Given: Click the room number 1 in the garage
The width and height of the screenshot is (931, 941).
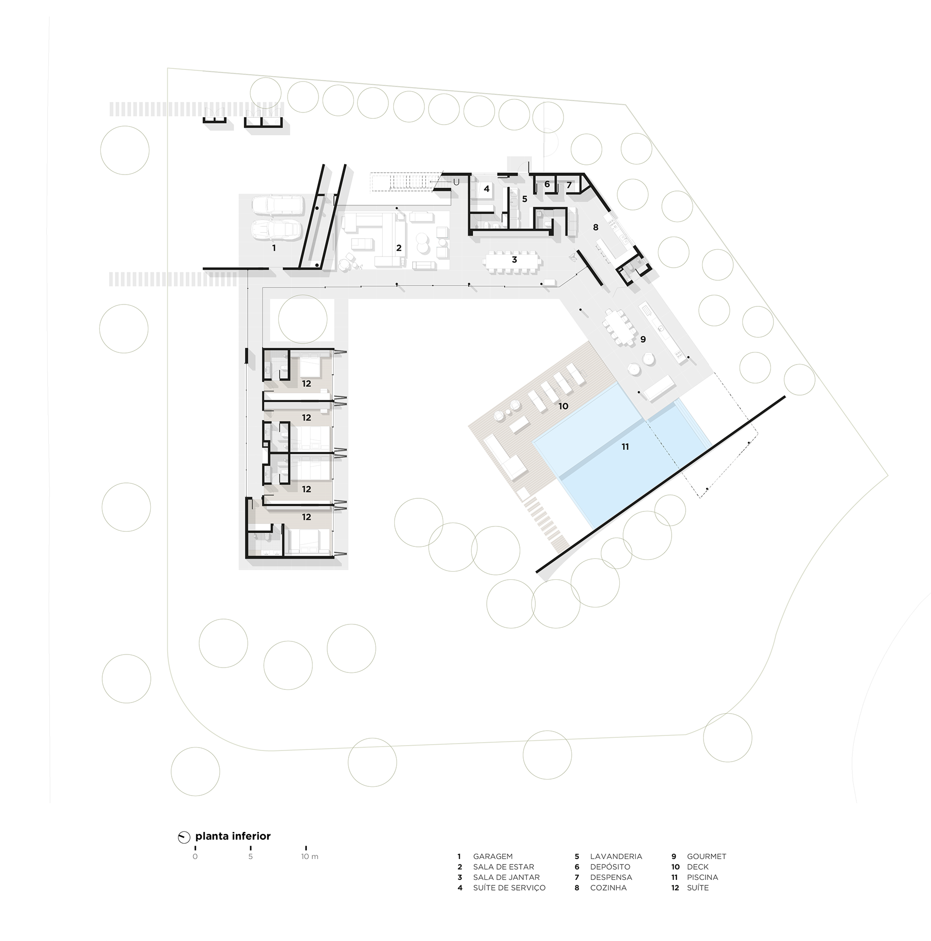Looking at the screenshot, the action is coord(274,248).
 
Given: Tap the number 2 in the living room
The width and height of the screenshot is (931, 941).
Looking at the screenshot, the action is coord(399,248).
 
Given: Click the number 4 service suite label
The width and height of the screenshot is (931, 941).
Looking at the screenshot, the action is coord(486,188).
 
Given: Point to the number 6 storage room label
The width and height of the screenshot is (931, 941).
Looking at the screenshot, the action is coord(547,184).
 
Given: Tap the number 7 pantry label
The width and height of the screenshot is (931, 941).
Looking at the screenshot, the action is coord(568,185).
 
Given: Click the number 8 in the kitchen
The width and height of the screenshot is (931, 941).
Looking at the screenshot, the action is coord(595,227).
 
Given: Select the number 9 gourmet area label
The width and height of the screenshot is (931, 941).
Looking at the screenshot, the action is coord(643,339).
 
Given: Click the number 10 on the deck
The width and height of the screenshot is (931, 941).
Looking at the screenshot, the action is coord(563,406).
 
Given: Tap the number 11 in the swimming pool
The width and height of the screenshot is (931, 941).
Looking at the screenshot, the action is coord(625,446).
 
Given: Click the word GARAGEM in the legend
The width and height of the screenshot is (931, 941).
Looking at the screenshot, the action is coord(493,856).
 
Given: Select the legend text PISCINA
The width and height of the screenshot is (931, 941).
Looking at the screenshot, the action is coord(703,877).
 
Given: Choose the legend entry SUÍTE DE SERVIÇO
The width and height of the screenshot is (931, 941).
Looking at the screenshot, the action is coord(509,888).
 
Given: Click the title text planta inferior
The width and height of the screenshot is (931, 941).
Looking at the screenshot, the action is coord(233,836).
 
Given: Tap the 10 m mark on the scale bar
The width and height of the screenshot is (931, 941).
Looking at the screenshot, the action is coord(309,857).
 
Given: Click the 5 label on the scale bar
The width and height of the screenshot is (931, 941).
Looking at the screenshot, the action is coord(250,857).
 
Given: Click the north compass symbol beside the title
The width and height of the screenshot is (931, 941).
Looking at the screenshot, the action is coord(184,837).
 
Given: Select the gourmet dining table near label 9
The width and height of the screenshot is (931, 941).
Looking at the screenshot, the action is coord(619,327).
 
